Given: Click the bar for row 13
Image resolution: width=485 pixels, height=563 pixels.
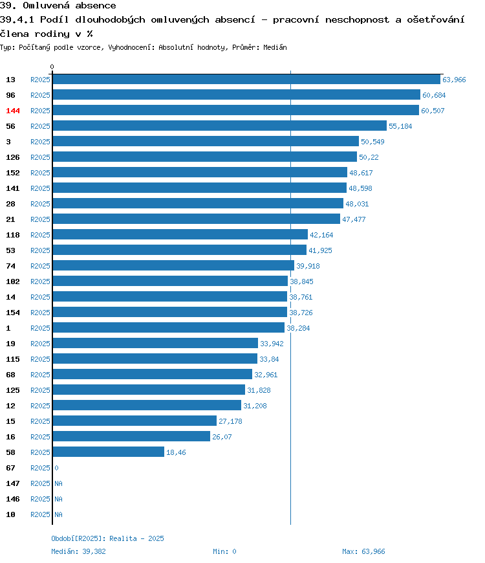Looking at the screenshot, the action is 246,80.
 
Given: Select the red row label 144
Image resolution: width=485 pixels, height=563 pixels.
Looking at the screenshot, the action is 13,111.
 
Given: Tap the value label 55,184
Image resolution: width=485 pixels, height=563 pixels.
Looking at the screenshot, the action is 400,126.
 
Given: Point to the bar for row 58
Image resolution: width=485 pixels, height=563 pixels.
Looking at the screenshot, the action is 109,452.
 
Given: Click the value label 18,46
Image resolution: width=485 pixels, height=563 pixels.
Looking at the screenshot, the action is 176,452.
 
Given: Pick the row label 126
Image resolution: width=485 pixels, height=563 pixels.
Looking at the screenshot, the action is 13,157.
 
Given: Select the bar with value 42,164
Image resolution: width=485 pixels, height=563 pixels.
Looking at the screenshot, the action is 180,234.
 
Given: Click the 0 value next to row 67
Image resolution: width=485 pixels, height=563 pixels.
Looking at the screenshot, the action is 56,468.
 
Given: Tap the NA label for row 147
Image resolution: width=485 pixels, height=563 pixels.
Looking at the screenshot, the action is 58,483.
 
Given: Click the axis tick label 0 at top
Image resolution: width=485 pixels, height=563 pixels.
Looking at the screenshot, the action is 52,67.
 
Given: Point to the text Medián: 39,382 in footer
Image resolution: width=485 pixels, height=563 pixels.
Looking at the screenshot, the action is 78,551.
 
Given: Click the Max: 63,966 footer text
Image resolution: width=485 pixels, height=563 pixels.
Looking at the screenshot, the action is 363,551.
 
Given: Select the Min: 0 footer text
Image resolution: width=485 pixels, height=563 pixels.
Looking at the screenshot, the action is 224,551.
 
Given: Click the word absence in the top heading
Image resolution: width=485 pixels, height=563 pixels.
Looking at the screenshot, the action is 96,5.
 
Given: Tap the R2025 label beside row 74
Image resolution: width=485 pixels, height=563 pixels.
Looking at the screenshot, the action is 40,266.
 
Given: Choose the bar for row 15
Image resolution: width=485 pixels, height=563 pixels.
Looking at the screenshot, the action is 135,421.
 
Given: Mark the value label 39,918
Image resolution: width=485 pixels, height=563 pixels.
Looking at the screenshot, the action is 308,266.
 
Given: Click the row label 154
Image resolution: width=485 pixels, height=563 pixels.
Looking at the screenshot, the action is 13,313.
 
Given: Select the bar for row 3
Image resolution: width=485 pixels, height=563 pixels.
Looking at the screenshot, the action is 206,141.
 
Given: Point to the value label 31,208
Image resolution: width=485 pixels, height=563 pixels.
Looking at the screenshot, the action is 255,406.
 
